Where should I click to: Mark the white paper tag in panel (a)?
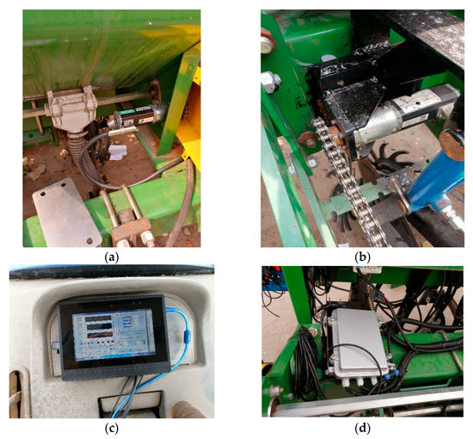tap(119, 153)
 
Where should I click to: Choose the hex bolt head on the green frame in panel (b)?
tap(272, 82)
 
